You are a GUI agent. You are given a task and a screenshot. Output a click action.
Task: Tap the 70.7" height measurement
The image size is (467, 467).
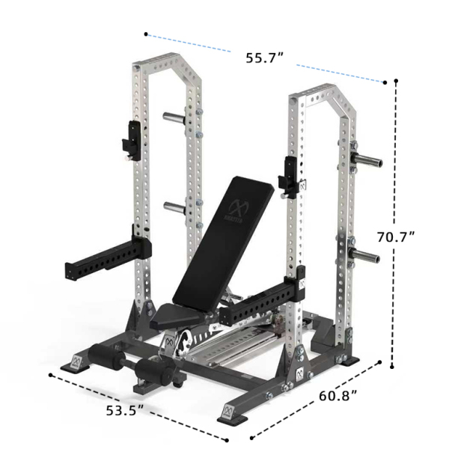coord(396,236)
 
